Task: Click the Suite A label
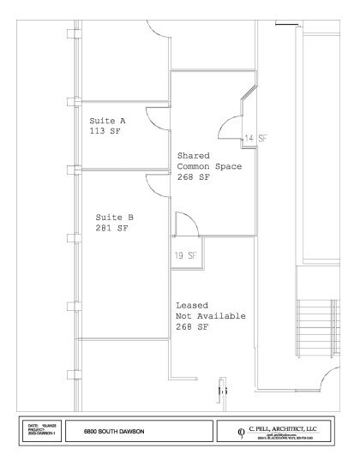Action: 107,122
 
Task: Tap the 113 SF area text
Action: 105,133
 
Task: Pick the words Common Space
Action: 209,167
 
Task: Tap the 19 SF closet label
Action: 186,255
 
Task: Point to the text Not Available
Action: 211,316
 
